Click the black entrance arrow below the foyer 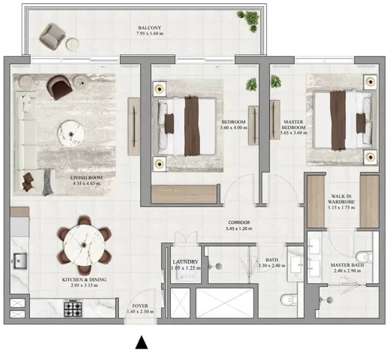pos(141,343)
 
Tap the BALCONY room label pos(150,27)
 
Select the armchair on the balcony pos(52,37)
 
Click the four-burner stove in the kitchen pos(73,308)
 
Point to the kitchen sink pos(20,261)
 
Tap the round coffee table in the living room pos(71,134)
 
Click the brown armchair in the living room pos(60,87)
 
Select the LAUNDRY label pos(185,262)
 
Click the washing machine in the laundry pos(185,275)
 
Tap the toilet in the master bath pos(364,256)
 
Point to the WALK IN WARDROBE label pos(341,199)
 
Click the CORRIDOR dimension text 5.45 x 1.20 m pos(239,228)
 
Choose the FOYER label pos(140,306)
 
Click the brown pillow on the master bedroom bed pos(361,123)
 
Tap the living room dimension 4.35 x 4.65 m pos(86,183)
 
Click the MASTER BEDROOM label pos(293,125)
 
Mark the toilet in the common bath pos(289,299)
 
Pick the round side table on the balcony pos(73,45)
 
